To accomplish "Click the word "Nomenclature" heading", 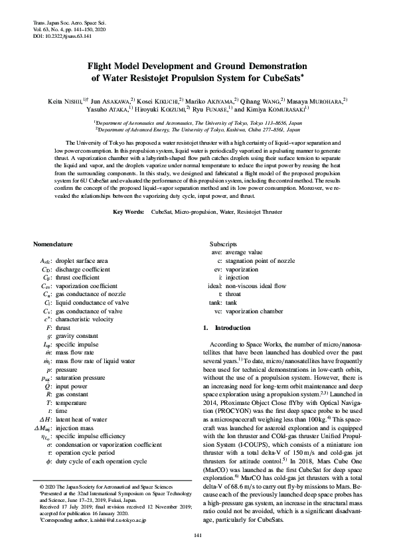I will [x=54, y=244].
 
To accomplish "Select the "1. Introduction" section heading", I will [x=226, y=328].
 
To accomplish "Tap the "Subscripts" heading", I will [x=224, y=244].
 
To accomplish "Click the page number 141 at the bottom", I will [x=197, y=534].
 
